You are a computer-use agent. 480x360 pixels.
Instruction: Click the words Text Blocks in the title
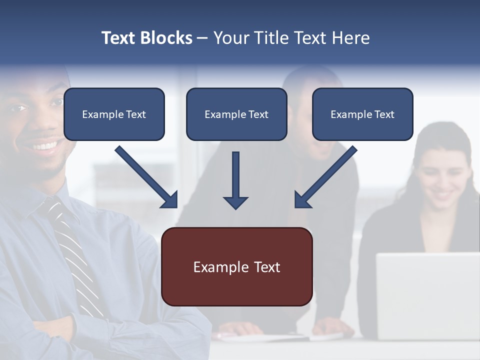coord(146,38)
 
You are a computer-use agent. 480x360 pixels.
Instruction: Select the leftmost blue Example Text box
coord(114,114)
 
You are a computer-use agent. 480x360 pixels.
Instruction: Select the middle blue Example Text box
coord(236,114)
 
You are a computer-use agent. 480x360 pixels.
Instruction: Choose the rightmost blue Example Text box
coord(362,114)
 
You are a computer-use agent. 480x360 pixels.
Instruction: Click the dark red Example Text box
coord(236,267)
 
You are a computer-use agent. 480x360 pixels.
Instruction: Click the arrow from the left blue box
coord(146,177)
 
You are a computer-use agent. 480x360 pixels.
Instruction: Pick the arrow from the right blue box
coord(325,177)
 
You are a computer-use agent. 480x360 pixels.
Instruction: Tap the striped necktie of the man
coord(75,250)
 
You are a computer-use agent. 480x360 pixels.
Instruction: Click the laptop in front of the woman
coord(427,295)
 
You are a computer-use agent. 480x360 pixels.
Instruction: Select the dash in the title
coord(202,38)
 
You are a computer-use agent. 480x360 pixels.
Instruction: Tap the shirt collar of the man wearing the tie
coord(47,197)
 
